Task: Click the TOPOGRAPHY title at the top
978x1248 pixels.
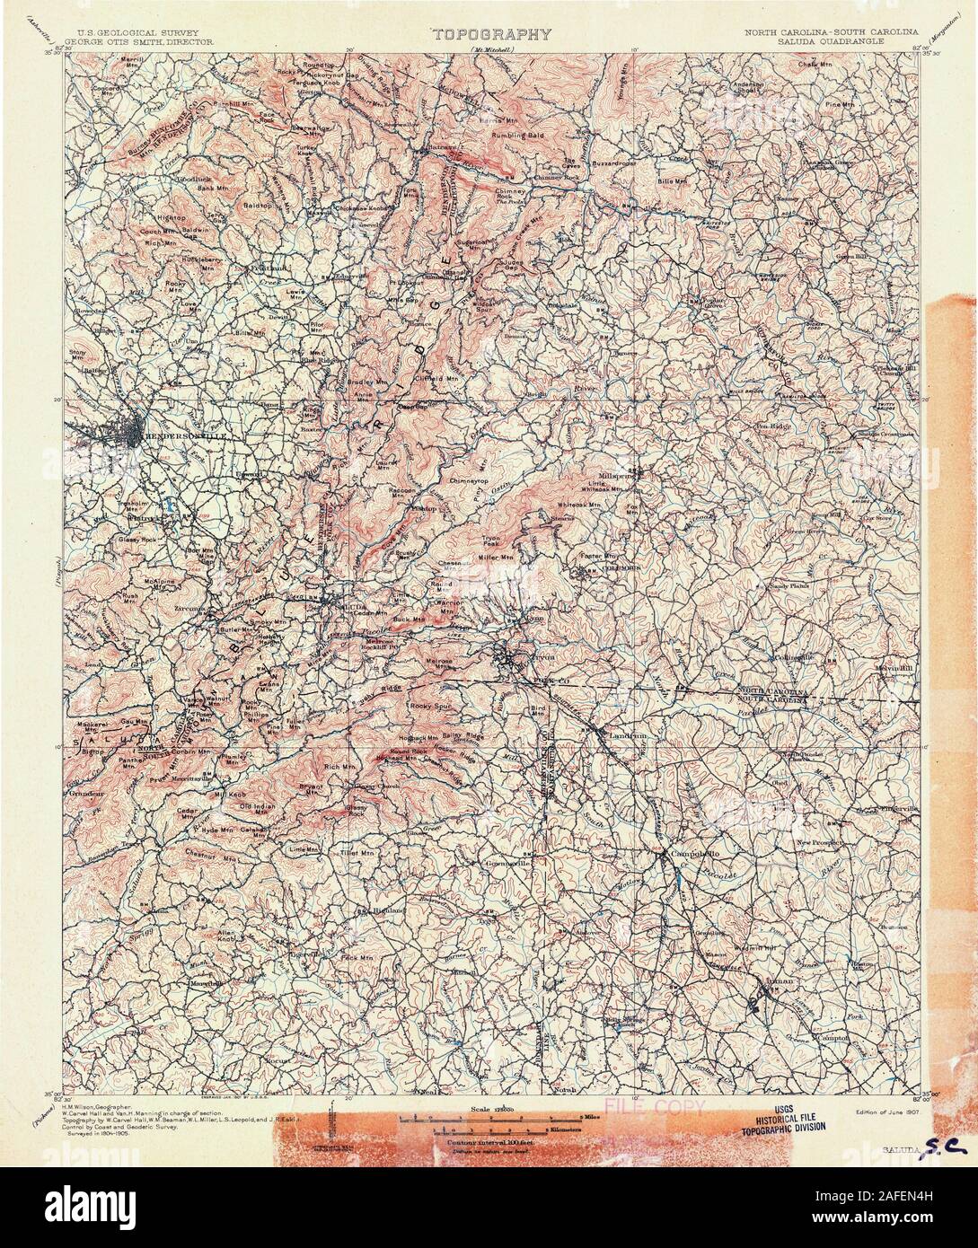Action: click(491, 35)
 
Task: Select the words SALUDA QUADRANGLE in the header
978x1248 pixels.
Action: click(832, 40)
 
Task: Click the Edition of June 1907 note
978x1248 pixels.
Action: click(877, 1111)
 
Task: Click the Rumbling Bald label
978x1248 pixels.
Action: click(518, 136)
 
